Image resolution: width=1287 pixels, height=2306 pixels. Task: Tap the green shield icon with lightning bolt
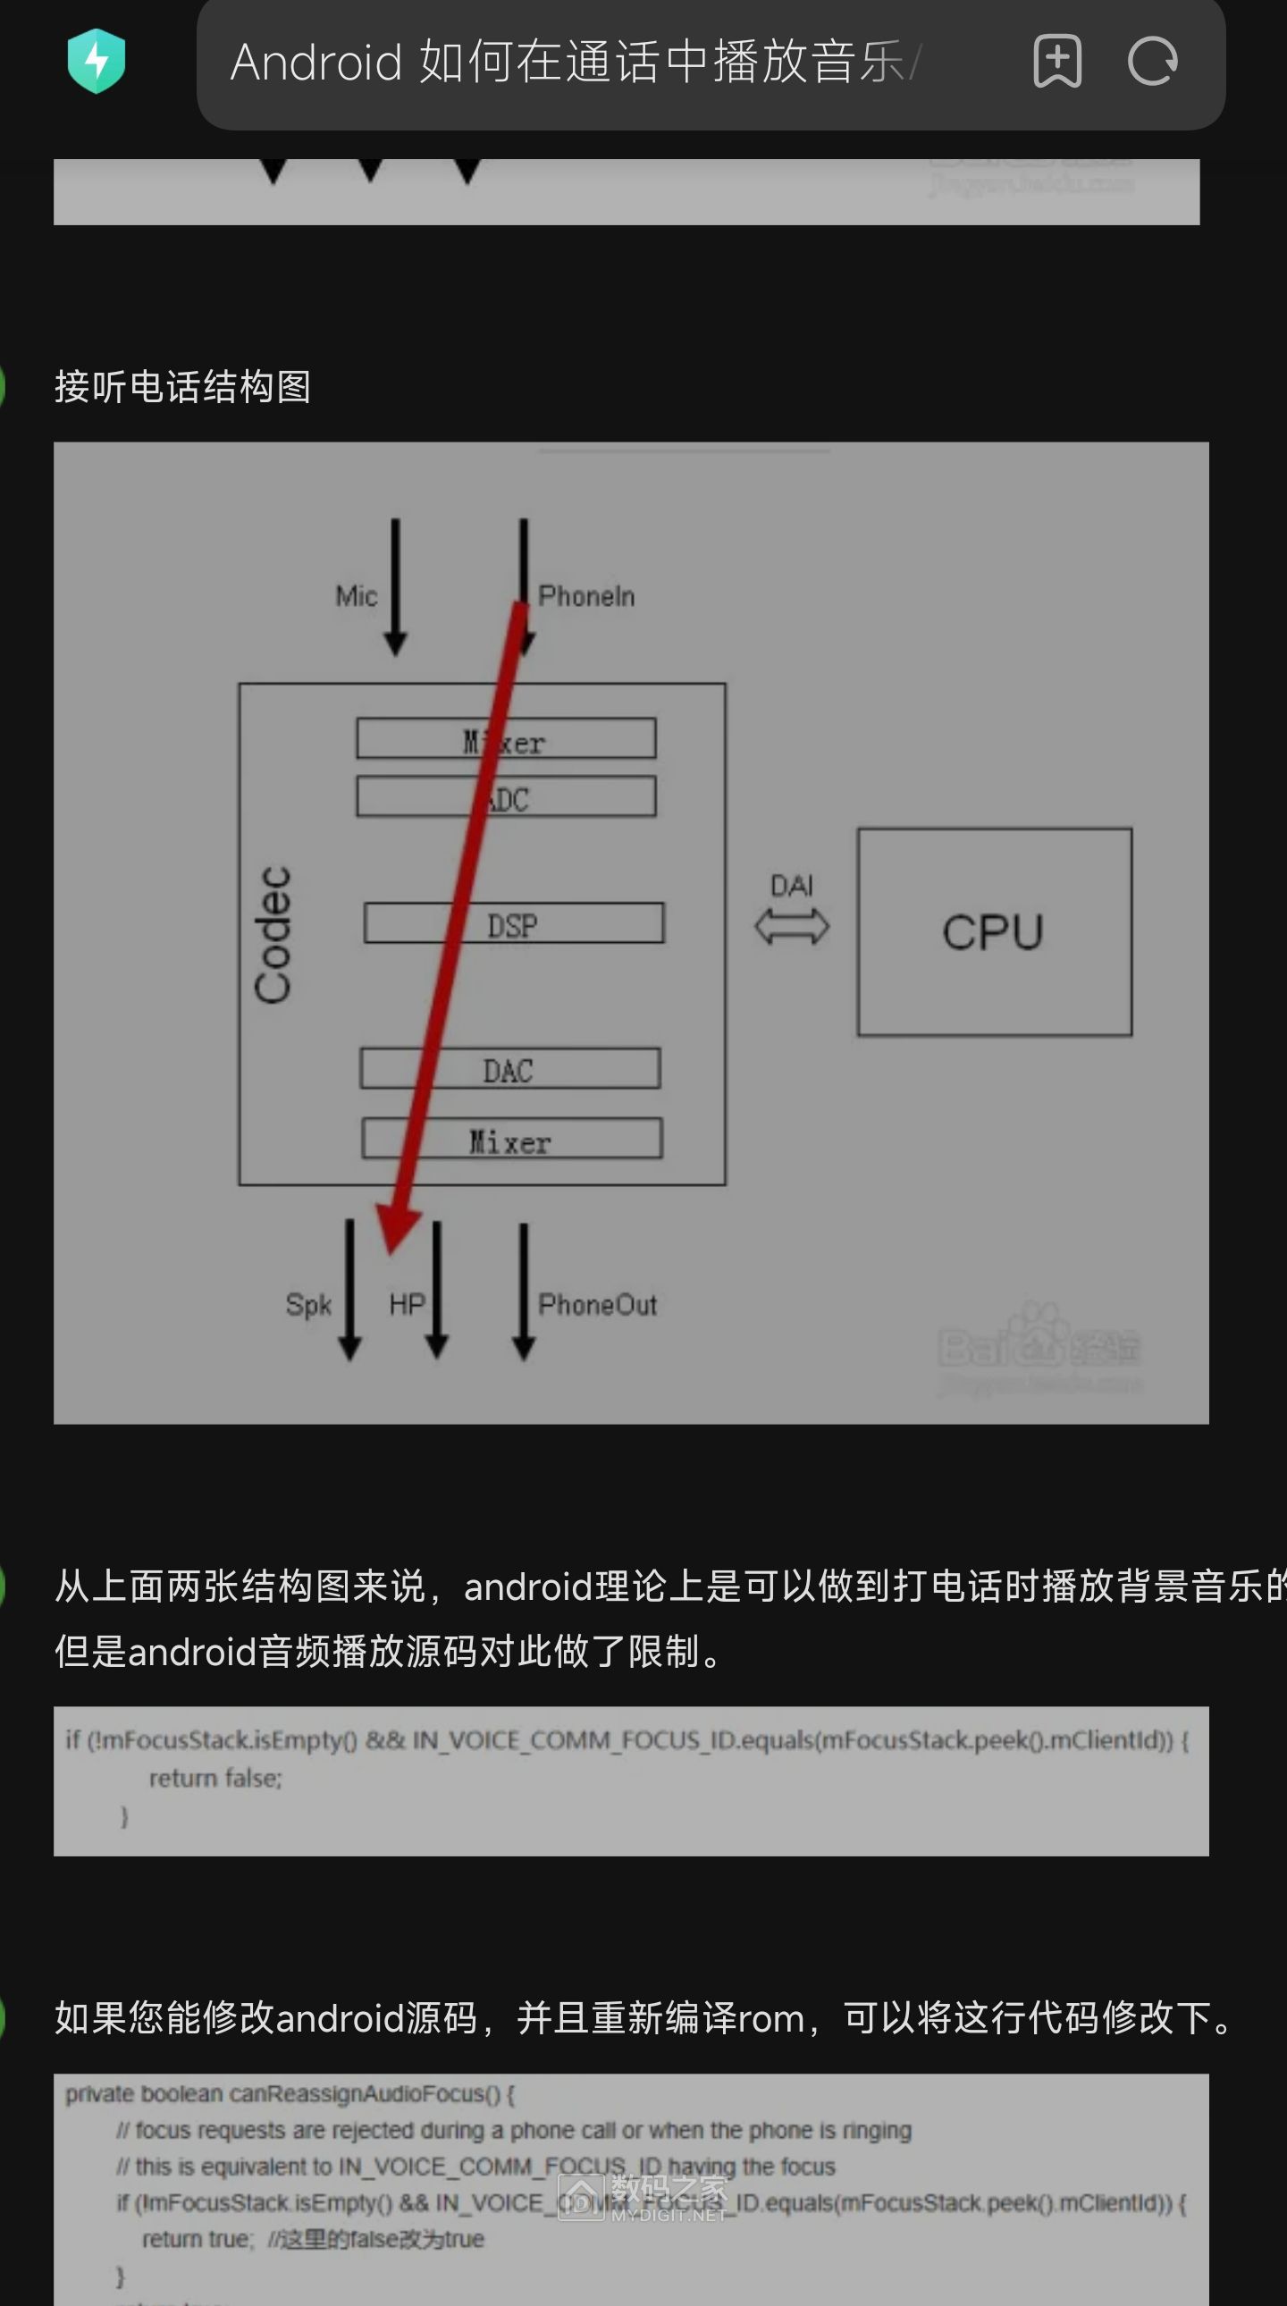pos(97,61)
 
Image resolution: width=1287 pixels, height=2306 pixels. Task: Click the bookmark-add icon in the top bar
pos(1057,61)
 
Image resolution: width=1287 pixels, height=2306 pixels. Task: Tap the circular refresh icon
pos(1152,61)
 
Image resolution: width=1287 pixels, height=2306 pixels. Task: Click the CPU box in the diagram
pos(994,932)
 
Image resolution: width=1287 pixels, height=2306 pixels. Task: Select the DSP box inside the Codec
pos(513,924)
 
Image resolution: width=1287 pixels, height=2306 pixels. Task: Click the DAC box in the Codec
pos(509,1069)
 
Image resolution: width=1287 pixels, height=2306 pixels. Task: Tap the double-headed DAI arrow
pos(792,926)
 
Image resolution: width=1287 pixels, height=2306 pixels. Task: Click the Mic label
pos(357,596)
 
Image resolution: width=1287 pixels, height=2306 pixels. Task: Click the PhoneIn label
pos(586,596)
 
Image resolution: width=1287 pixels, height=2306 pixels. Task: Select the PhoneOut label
pos(597,1304)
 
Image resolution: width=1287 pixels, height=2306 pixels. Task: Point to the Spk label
pos(307,1304)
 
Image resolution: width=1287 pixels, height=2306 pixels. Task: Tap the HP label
pos(407,1304)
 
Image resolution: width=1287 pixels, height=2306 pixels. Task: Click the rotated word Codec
pos(273,934)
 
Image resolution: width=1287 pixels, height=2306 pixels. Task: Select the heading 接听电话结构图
pos(182,387)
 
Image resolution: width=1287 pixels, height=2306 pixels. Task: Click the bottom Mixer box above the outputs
pos(511,1140)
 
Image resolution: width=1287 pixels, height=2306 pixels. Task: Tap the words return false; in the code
pos(214,1778)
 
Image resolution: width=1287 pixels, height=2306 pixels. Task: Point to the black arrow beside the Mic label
pos(396,587)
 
